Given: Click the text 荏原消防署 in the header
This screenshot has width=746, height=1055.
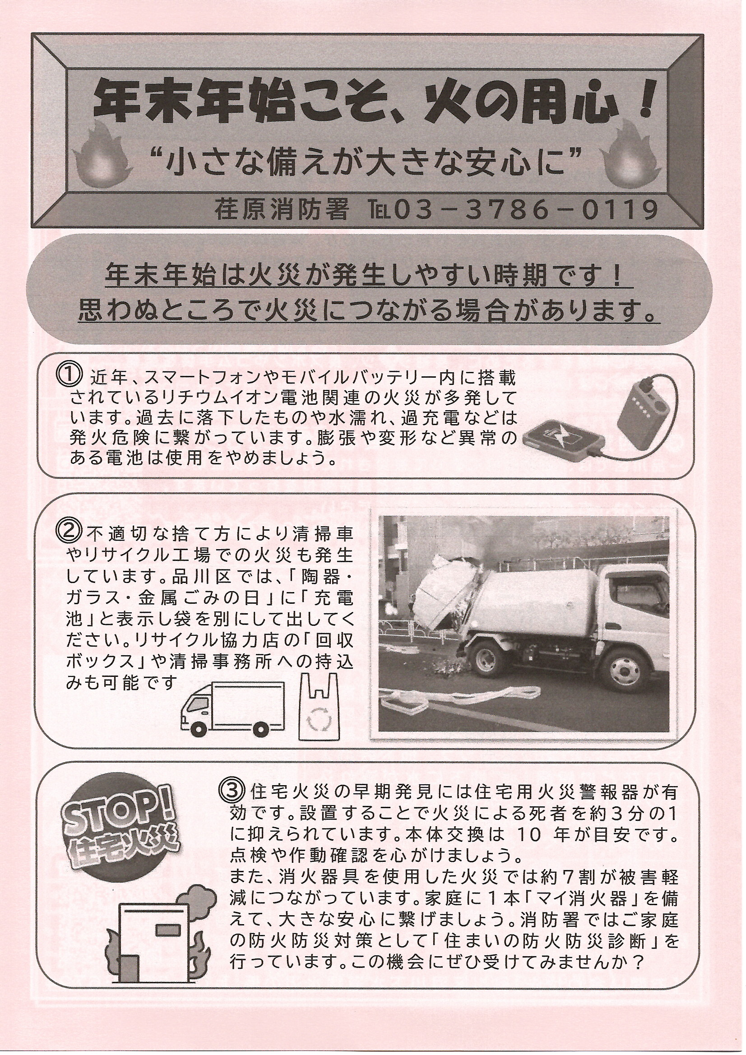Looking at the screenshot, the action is pos(281,212).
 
